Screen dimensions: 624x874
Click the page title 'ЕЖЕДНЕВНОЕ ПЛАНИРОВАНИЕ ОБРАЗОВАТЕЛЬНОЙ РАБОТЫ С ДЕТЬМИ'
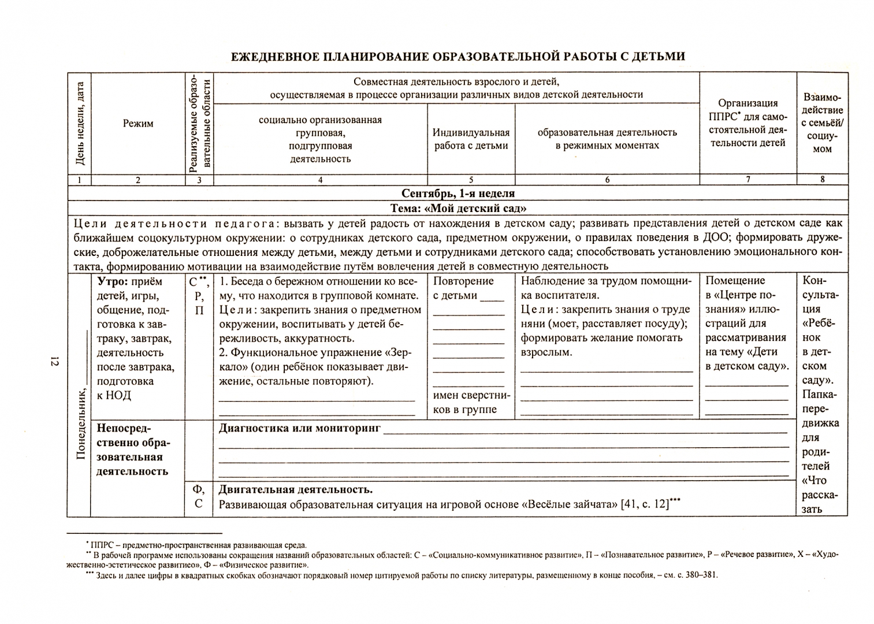tap(458, 57)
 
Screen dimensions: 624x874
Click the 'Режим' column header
tap(138, 123)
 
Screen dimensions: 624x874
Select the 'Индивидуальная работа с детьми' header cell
tap(471, 139)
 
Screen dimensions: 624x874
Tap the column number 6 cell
tap(607, 180)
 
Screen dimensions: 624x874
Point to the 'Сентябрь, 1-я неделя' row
tap(458, 194)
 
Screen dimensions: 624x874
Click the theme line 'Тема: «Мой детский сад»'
tap(458, 208)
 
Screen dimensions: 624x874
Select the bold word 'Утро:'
tap(113, 282)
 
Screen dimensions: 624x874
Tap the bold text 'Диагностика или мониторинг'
tap(299, 428)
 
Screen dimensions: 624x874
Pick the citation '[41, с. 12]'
tap(644, 504)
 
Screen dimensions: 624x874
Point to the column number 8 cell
tap(822, 180)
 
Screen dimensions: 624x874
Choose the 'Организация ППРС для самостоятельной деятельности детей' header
tap(747, 123)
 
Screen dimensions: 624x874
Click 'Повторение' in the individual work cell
tap(463, 281)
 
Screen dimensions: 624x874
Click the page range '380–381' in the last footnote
tap(700, 575)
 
